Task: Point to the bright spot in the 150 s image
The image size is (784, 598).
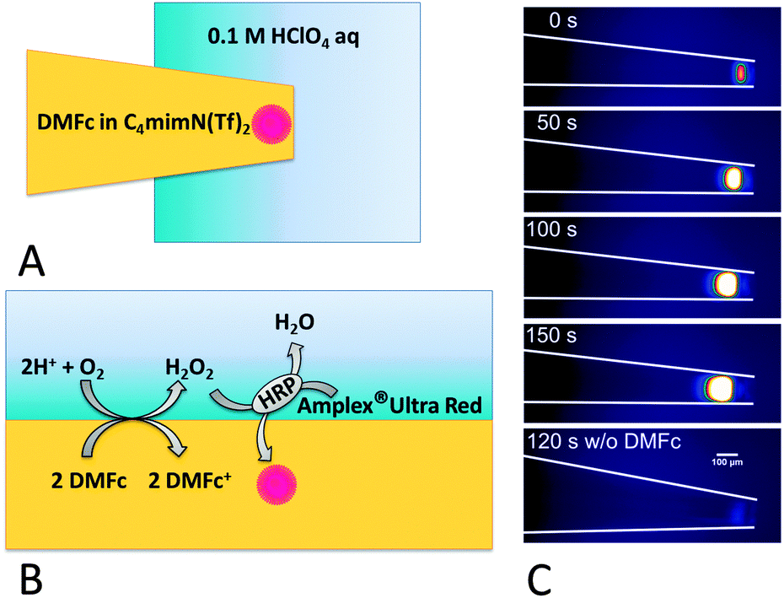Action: [x=721, y=387]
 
